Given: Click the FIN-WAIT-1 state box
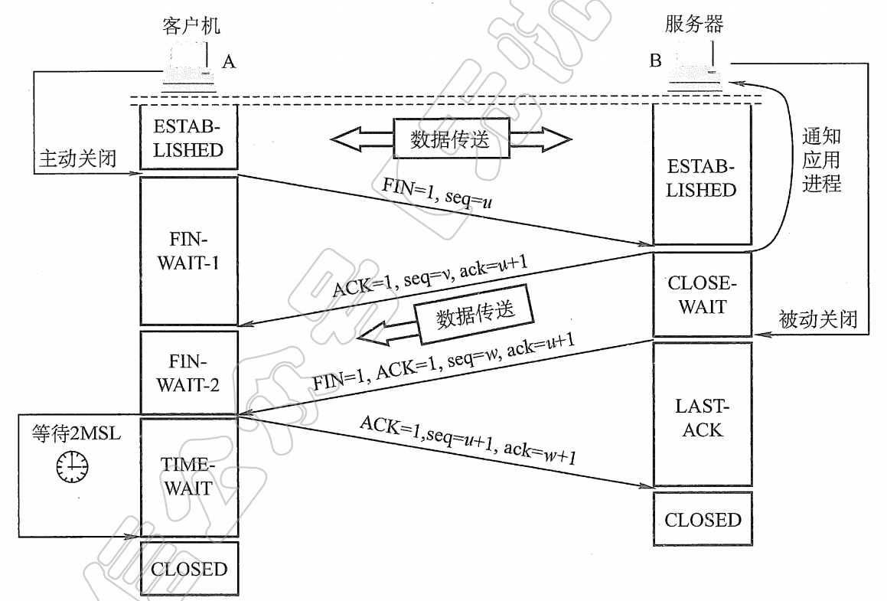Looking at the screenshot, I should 188,252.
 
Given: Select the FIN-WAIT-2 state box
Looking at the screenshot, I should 188,372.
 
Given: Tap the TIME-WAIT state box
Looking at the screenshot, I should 188,476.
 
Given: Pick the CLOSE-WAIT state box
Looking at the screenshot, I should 702,295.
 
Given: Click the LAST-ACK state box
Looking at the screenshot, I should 702,418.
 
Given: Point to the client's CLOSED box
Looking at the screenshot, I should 189,569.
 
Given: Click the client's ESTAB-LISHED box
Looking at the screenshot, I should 188,137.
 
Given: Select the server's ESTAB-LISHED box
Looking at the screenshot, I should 702,178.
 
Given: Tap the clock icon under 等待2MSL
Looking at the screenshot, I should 72,465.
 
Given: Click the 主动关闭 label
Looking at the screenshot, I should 77,158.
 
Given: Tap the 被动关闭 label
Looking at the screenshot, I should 817,319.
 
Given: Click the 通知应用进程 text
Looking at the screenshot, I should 821,160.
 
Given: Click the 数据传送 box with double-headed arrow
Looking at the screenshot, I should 450,139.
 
